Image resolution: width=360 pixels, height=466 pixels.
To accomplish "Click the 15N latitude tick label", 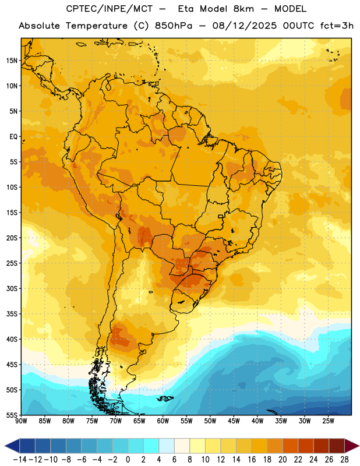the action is click(12, 61).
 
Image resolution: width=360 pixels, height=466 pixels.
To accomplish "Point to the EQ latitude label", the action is click(13, 137).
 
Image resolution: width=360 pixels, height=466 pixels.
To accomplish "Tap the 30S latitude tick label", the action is click(12, 288).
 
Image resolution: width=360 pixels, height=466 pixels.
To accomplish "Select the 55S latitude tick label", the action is click(12, 415).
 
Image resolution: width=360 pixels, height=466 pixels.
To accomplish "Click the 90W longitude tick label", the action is click(21, 421).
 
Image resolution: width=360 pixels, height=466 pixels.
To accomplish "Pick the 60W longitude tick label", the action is click(163, 421).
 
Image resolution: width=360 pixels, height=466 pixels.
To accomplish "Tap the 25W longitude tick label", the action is click(328, 421).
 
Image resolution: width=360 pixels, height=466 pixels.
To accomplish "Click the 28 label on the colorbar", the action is click(344, 460).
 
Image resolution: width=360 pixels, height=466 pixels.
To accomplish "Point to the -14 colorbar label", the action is click(20, 460).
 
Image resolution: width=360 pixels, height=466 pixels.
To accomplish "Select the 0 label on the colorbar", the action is click(128, 460).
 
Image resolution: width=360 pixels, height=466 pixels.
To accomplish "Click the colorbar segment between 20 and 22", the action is click(291, 446).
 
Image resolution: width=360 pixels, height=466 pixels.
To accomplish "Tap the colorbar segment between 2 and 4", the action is click(151, 446).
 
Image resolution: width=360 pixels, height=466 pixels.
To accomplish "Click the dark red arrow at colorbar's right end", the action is click(352, 446).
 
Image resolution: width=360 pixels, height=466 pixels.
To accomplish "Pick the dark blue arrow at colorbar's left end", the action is click(12, 446).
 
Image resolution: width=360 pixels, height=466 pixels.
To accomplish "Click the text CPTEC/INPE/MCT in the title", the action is click(109, 9).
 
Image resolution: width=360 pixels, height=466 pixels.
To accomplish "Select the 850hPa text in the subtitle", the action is click(174, 26).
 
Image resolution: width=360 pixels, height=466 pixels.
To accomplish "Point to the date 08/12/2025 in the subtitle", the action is click(244, 26).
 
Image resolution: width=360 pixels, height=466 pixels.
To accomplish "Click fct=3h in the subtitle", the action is click(337, 26).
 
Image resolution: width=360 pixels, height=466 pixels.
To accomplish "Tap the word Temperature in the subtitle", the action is click(97, 26).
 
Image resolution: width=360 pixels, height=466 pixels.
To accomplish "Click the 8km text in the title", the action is click(243, 9).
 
